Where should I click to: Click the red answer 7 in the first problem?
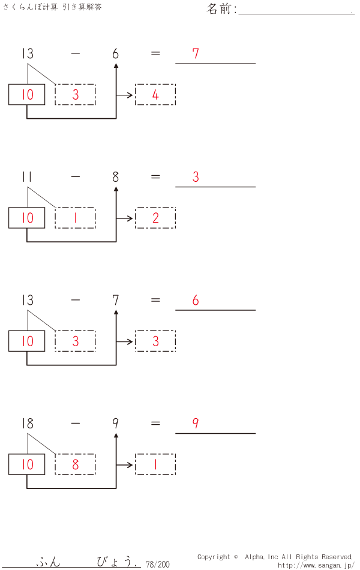(x=196, y=53)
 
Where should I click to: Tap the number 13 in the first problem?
(x=27, y=53)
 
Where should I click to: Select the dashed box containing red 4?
(x=155, y=95)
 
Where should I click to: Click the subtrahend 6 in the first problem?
(x=115, y=53)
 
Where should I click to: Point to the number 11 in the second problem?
(x=27, y=177)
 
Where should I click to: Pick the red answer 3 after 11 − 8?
(x=196, y=177)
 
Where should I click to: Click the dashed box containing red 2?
(x=155, y=218)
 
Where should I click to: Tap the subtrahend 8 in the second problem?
(x=115, y=177)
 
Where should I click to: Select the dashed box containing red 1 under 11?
(x=75, y=218)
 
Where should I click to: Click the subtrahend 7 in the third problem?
(x=115, y=301)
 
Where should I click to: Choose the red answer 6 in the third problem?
(x=196, y=301)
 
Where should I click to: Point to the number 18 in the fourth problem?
(x=27, y=424)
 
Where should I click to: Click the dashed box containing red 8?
(x=75, y=465)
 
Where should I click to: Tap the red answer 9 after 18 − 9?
(x=196, y=424)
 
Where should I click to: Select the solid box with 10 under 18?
(x=27, y=465)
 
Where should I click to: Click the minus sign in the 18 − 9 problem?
(x=75, y=424)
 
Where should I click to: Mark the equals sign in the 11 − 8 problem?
(x=155, y=177)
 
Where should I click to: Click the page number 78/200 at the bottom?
(x=157, y=564)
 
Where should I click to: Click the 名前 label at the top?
(x=221, y=9)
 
